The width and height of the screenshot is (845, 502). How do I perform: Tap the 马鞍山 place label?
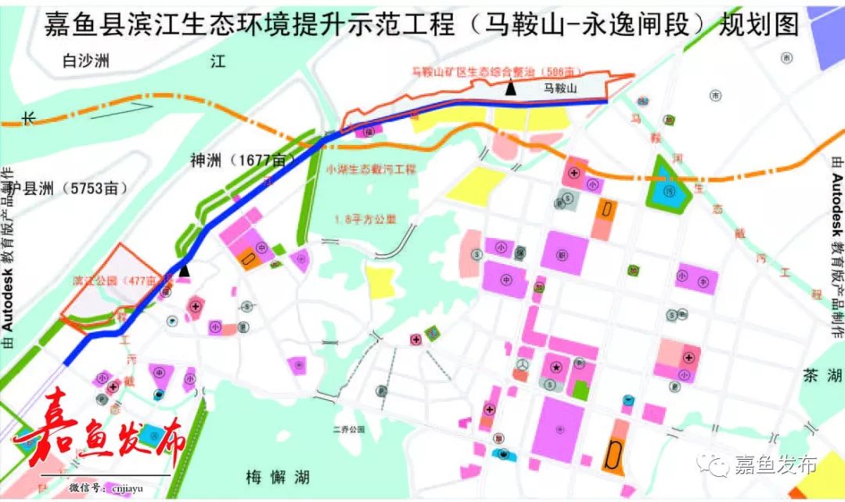(560, 89)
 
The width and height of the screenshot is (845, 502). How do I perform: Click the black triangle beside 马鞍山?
(510, 89)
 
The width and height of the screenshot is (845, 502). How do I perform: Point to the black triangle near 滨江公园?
(184, 270)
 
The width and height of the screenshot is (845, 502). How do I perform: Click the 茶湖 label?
(820, 376)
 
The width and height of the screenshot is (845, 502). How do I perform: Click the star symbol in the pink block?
(556, 367)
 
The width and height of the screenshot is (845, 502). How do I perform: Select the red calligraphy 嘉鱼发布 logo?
(102, 435)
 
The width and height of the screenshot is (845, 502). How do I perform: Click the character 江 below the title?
(218, 62)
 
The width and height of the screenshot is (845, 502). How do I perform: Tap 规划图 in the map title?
(757, 25)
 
